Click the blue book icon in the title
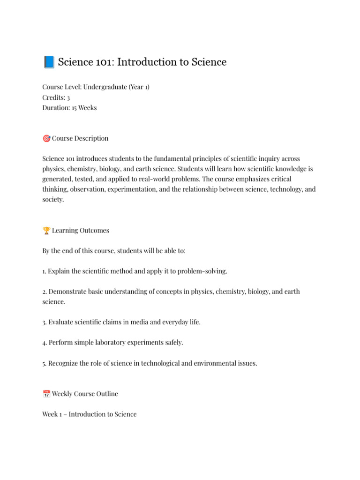[49, 62]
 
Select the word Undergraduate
[105, 87]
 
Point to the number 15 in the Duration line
[75, 108]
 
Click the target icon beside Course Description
[46, 138]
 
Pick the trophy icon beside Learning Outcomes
[46, 231]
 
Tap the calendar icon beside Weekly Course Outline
[46, 394]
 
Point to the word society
[52, 200]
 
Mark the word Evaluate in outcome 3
[62, 322]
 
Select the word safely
[172, 343]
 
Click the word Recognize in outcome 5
[65, 363]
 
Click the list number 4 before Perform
[44, 343]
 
